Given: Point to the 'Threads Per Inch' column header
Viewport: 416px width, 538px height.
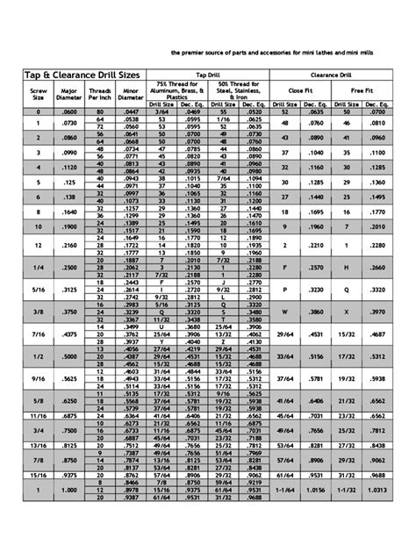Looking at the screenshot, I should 100,93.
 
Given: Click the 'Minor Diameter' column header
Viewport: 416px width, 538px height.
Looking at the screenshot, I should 132,93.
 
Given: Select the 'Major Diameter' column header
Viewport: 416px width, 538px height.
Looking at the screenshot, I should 68,93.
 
